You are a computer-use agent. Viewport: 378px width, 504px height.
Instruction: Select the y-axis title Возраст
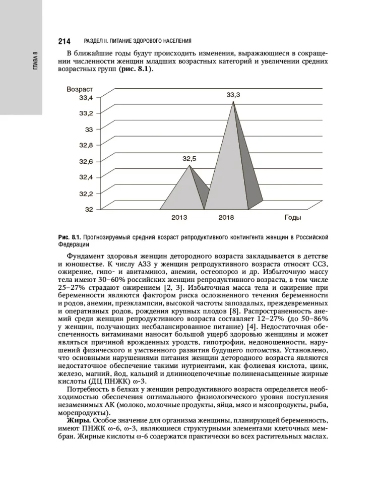tap(80, 89)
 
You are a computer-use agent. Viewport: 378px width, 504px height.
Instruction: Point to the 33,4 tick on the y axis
tap(86, 97)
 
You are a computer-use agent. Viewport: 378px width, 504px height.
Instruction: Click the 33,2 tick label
tap(86, 113)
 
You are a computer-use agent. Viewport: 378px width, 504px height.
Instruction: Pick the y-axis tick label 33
tap(89, 129)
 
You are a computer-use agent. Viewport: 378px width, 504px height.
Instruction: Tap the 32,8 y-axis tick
tap(86, 145)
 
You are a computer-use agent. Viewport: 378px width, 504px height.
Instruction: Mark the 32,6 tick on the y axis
tap(86, 161)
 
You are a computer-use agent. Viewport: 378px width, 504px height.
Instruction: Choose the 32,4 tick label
tap(86, 177)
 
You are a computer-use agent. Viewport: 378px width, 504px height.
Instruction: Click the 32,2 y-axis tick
tap(86, 193)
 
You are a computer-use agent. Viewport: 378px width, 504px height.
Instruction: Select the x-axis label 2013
tap(179, 218)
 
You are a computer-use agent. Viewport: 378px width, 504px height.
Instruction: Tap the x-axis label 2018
tap(226, 218)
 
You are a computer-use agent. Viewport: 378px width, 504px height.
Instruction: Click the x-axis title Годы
tap(293, 218)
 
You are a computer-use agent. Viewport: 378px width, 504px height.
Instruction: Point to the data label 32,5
tap(189, 158)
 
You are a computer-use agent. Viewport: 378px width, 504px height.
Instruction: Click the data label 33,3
tap(233, 94)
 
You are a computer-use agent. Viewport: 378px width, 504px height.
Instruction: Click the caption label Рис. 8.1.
tap(69, 237)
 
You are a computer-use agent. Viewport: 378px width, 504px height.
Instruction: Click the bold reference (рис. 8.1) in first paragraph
tap(135, 69)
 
